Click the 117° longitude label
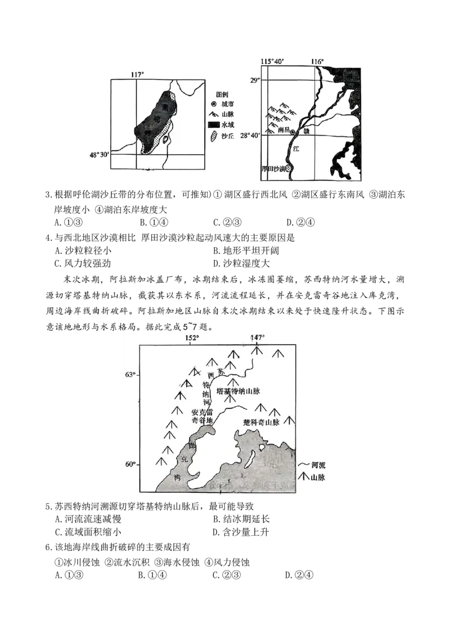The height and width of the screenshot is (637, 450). pyautogui.click(x=137, y=74)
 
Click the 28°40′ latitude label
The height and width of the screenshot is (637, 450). pyautogui.click(x=250, y=136)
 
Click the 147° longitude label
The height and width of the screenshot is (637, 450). pyautogui.click(x=256, y=338)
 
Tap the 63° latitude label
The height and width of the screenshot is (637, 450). pyautogui.click(x=130, y=375)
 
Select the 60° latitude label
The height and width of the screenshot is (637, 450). pyautogui.click(x=130, y=464)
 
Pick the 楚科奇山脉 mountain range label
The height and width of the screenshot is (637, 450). pyautogui.click(x=261, y=421)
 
